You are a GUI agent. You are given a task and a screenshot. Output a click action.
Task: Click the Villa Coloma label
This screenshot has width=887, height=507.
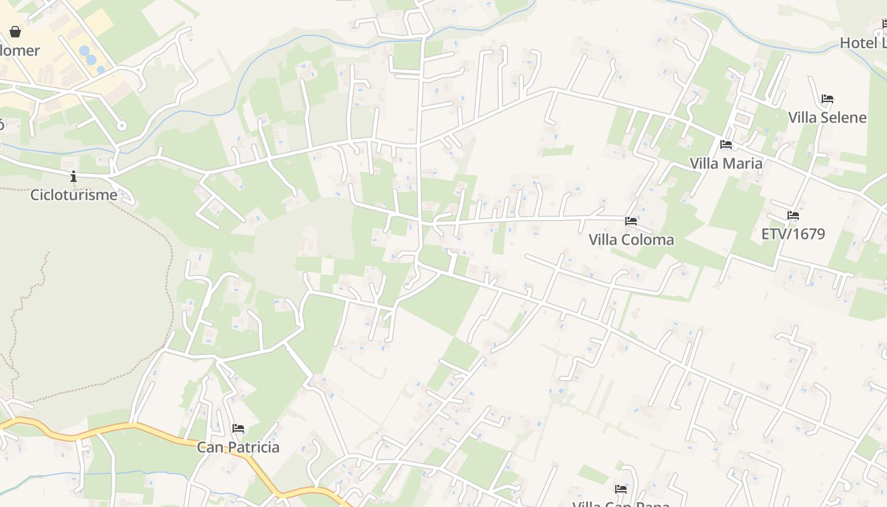(631, 240)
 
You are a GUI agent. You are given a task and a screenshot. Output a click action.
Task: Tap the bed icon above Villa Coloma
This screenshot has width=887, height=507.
(631, 221)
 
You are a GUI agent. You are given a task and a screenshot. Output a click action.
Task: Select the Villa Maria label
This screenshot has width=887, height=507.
(726, 163)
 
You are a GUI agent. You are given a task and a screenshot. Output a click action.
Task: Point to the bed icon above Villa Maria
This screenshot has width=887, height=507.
(726, 144)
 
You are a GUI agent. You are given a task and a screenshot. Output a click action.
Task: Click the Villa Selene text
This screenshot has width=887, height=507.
(827, 117)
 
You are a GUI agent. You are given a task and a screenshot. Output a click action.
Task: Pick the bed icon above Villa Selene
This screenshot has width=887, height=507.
(827, 99)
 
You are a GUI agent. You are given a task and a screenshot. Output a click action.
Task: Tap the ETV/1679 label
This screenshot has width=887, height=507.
(793, 234)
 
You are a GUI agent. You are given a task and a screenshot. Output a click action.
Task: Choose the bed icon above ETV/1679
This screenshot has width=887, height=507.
(793, 215)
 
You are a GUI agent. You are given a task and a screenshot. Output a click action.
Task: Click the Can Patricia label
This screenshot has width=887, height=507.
(238, 447)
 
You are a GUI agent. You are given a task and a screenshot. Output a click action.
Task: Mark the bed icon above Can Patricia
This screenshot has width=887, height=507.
(238, 428)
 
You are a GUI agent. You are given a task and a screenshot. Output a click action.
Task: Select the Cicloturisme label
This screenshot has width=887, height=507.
(73, 194)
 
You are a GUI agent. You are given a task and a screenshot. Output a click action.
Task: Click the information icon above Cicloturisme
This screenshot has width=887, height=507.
(73, 176)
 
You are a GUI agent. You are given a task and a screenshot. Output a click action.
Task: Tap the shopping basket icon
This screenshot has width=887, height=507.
(15, 32)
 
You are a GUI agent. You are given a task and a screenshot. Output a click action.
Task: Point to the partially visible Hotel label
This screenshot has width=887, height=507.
(863, 43)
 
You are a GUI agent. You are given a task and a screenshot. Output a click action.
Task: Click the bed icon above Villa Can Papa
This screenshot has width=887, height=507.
(621, 489)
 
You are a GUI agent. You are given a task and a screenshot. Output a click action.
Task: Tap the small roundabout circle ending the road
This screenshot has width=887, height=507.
(122, 125)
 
